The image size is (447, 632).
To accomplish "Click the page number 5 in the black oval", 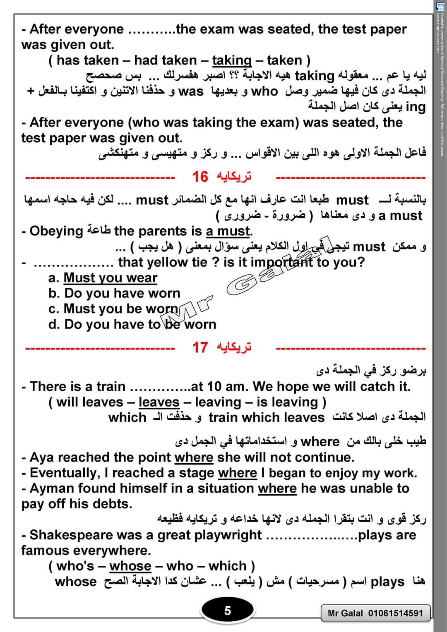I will (227, 610).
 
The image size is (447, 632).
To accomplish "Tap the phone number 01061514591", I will (396, 613).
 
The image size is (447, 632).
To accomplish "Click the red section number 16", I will (200, 177).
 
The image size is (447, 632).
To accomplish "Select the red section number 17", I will (200, 347).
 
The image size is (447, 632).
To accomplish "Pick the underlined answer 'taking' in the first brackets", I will (232, 61).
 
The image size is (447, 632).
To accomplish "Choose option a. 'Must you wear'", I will (110, 278).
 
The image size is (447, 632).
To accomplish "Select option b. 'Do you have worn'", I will (122, 293).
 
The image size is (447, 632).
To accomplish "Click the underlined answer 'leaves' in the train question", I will (159, 402).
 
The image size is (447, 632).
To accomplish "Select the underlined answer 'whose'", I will (130, 566).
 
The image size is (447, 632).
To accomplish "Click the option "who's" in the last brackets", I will (75, 566).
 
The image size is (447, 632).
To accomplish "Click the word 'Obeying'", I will (56, 231).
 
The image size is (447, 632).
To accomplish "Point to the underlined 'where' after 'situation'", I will (277, 488).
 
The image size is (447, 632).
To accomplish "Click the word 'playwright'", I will (228, 535).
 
